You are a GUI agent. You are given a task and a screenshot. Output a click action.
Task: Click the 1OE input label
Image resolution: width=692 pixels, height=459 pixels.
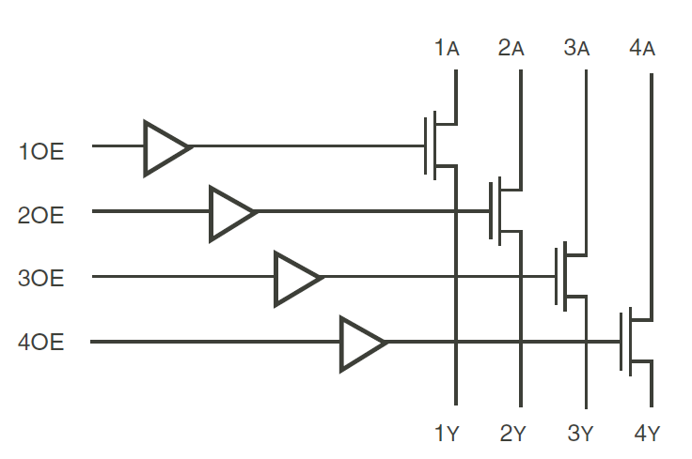pos(41,150)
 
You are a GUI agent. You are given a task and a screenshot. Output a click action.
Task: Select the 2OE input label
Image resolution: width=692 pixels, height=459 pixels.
pos(41,215)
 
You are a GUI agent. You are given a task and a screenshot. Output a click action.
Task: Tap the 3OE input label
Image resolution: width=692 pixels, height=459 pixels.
pos(41,279)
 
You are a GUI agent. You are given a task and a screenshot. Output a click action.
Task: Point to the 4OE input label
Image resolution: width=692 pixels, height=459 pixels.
pos(41,343)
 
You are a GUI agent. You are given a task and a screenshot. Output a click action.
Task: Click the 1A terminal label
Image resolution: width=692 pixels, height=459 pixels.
pos(447,48)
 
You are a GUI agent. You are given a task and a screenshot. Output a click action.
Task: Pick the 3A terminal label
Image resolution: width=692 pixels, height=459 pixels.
pos(576,48)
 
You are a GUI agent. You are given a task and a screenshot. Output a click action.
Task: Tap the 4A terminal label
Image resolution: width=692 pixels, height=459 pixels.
pos(641,48)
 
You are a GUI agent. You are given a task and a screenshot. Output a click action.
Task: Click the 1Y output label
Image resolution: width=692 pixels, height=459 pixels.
pos(447,434)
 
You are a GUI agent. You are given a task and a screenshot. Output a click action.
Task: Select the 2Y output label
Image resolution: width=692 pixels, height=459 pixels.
pos(512,434)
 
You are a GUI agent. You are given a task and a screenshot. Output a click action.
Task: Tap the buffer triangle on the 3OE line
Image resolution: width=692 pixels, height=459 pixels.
pos(296,278)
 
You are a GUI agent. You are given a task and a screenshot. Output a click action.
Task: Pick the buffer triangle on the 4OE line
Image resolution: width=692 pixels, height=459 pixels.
pos(362,343)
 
